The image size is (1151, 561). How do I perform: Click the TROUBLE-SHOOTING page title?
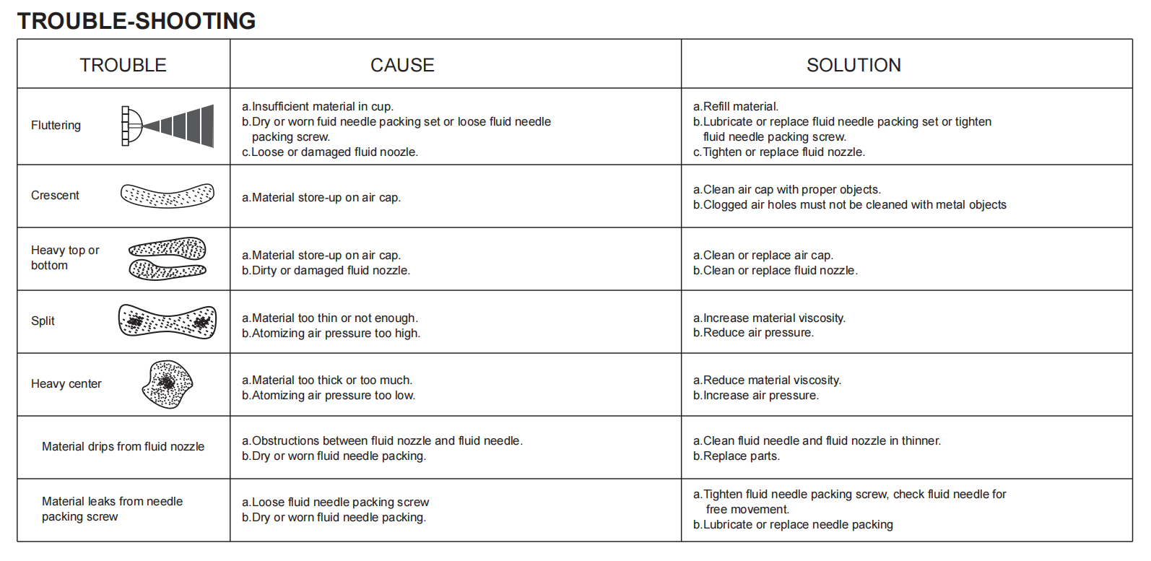pos(136,21)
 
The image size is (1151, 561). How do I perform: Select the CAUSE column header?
pos(402,65)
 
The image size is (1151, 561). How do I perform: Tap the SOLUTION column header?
pos(854,65)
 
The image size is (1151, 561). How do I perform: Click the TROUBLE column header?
pos(123,65)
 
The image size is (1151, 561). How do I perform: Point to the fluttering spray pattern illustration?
pos(168,126)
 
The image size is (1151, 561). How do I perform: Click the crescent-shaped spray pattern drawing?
pos(168,196)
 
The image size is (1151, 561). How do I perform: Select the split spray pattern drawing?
pos(168,321)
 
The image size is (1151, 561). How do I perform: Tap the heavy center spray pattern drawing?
pos(168,384)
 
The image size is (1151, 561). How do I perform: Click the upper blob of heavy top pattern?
pos(168,249)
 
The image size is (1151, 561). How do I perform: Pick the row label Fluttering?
pos(56,126)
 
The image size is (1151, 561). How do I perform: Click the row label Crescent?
pos(55,196)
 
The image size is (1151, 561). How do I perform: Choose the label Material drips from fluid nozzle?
pos(123,447)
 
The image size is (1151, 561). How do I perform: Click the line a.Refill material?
pos(736,107)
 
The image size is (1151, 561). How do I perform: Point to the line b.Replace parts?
pos(737,456)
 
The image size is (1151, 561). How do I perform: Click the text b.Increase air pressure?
pos(756,396)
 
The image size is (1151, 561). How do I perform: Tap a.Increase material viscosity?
pos(769,318)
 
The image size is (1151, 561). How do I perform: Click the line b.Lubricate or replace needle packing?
pos(793,525)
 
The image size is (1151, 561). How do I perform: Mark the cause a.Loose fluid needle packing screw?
pos(335,503)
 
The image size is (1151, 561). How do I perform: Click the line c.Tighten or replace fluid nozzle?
pos(779,152)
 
